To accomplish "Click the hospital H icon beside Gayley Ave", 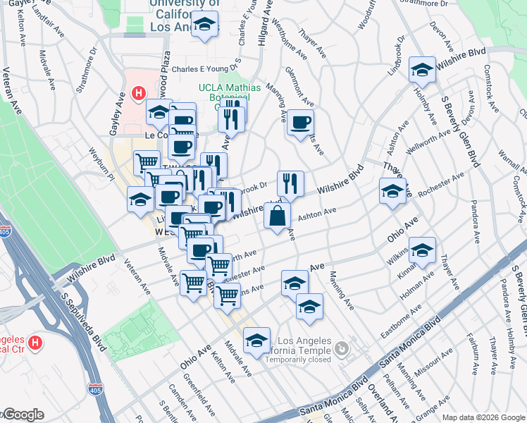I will pos(138,93).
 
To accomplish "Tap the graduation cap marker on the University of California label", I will pos(205,26).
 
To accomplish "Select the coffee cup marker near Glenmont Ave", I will pos(300,123).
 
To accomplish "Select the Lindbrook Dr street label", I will pos(398,56).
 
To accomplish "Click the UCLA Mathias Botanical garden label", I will pos(230,92).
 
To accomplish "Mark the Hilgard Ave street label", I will pos(266,28).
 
